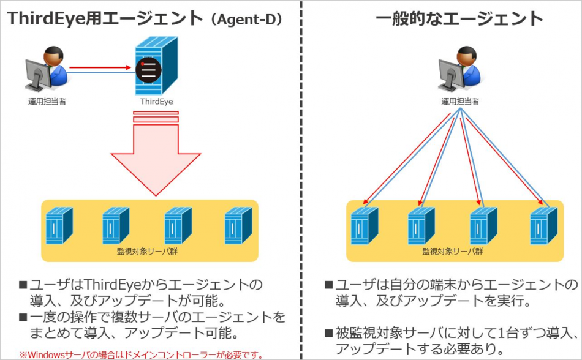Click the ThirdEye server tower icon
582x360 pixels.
coord(156,66)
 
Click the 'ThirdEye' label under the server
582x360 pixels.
coord(156,102)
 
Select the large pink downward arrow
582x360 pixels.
coord(156,153)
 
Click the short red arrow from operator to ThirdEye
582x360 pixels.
coord(100,67)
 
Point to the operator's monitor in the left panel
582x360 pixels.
coord(37,75)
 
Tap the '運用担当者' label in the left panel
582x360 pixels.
coord(47,102)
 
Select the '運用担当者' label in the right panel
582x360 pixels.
coord(460,102)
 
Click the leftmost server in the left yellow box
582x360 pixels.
coord(59,225)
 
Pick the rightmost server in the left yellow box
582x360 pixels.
coord(238,225)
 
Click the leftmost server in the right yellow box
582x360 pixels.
coord(365,225)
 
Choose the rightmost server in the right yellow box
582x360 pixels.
coord(544,225)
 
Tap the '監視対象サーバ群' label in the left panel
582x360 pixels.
coord(148,252)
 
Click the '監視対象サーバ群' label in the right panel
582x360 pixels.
coord(453,252)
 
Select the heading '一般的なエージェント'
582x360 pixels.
coord(459,18)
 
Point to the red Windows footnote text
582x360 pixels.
coord(142,355)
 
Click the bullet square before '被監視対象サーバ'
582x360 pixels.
coord(328,333)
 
